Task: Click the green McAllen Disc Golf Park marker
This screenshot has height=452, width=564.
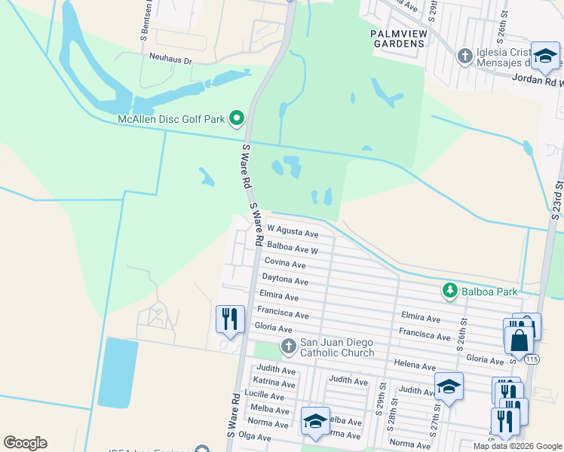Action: click(236, 118)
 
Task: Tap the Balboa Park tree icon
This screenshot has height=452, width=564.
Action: click(450, 291)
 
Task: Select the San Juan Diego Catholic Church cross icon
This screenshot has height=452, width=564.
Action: click(288, 347)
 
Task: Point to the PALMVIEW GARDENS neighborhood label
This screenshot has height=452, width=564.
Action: click(397, 38)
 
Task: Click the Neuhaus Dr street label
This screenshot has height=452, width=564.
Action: click(171, 57)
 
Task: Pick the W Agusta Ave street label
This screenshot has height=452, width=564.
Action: click(293, 232)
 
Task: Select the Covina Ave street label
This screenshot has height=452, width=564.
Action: click(284, 264)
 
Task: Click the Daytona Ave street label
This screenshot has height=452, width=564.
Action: click(285, 280)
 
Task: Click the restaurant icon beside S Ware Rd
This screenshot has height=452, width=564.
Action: click(230, 318)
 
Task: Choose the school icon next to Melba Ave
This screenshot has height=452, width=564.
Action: click(315, 420)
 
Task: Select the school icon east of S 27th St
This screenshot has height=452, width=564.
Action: click(449, 386)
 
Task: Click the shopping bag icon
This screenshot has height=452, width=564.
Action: click(520, 340)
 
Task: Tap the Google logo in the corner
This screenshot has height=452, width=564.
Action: click(25, 443)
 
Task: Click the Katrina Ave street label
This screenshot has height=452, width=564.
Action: click(274, 383)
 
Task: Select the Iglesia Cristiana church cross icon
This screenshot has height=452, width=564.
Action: click(465, 55)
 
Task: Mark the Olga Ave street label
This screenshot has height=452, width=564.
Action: click(254, 437)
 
